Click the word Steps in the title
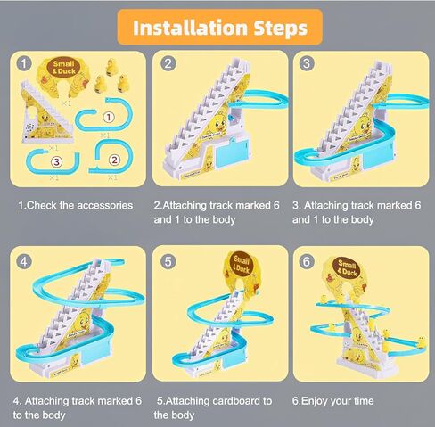pos(278,27)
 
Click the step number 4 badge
pos(24,261)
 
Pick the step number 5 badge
pos(168,261)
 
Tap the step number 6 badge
pos(307,261)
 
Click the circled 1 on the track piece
pos(108,116)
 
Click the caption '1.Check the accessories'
pos(76,205)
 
